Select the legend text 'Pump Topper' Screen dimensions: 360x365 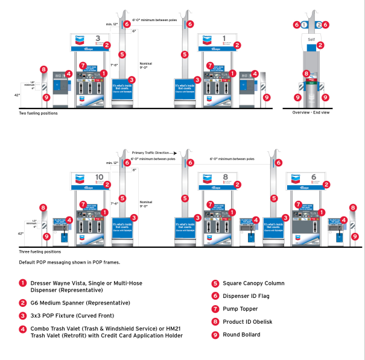(240, 309)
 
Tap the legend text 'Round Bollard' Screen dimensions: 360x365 (242, 335)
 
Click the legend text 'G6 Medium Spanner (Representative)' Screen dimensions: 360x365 (80, 302)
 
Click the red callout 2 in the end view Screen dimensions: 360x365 (321, 45)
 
